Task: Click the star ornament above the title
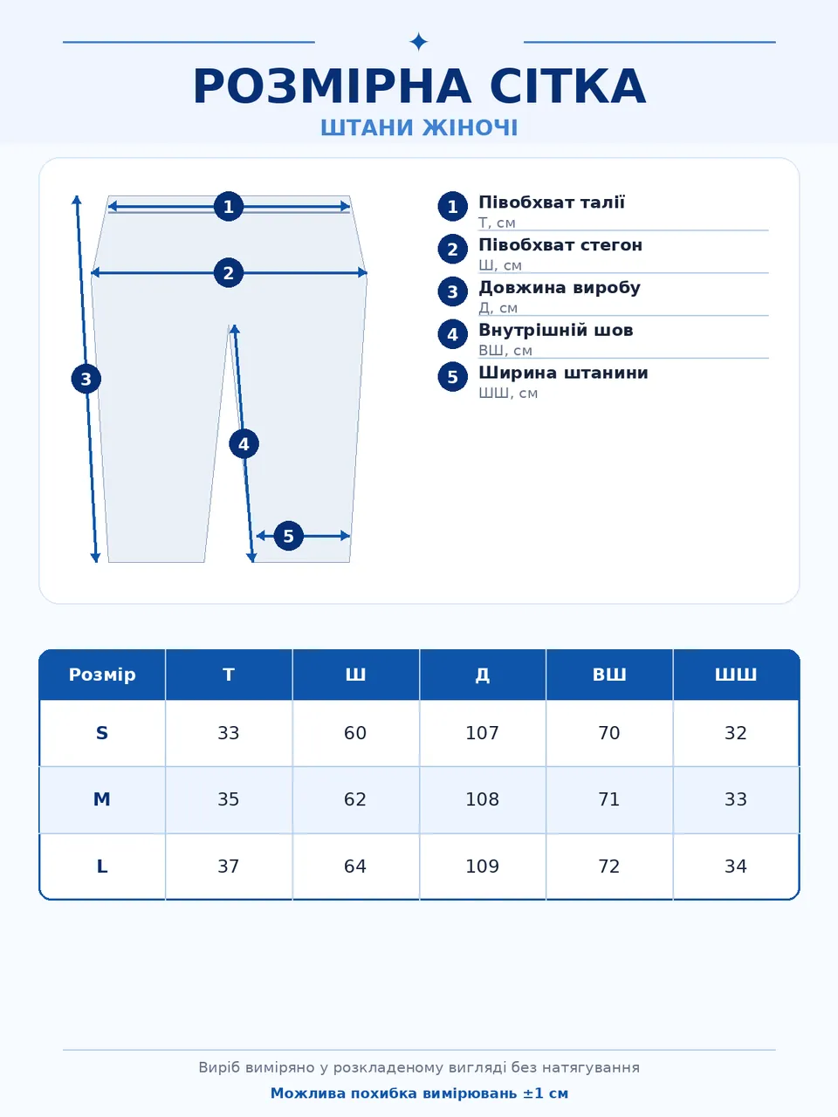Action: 419,42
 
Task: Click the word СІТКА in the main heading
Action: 567,86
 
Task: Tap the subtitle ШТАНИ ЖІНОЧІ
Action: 419,127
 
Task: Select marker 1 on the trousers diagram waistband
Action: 229,207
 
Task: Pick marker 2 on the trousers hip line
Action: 229,273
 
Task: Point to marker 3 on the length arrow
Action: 86,379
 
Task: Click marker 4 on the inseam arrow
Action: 244,444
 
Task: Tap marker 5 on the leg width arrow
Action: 288,536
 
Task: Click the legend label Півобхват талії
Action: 552,202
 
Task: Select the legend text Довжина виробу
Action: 560,287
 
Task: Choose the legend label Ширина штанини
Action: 563,373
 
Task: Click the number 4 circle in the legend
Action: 453,334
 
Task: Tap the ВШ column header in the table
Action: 609,675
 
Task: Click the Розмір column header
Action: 102,675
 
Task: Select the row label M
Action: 102,799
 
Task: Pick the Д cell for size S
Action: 483,733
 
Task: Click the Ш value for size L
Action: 355,867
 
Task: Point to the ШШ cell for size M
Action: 736,799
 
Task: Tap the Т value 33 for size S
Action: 229,733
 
